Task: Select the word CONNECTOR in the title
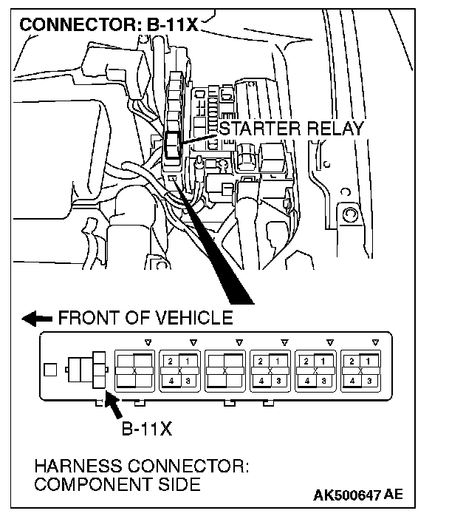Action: (x=73, y=24)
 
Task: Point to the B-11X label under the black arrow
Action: (x=146, y=429)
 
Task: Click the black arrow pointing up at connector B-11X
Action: (x=114, y=405)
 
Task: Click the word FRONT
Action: (x=86, y=319)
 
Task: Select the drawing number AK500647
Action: (x=342, y=495)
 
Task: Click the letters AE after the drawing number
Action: (x=394, y=495)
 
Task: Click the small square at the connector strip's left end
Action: (x=49, y=367)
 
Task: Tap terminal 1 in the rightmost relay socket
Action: (x=369, y=360)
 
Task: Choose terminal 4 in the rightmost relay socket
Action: (x=351, y=381)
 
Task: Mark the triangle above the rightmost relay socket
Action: (x=376, y=342)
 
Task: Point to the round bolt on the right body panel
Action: (x=351, y=215)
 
